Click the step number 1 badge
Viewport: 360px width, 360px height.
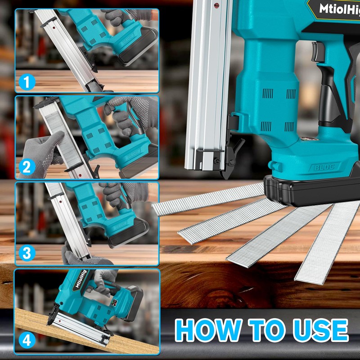[27, 82]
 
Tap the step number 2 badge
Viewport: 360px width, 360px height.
[27, 167]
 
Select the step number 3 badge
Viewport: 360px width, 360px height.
[27, 253]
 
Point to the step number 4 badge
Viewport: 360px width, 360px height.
[27, 340]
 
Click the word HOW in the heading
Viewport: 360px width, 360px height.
[208, 330]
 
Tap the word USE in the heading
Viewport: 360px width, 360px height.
[321, 330]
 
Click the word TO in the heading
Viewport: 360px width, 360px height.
[267, 330]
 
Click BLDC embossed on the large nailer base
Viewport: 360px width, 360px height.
[324, 167]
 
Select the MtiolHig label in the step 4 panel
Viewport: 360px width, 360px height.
[81, 279]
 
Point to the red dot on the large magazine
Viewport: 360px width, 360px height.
[216, 5]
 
